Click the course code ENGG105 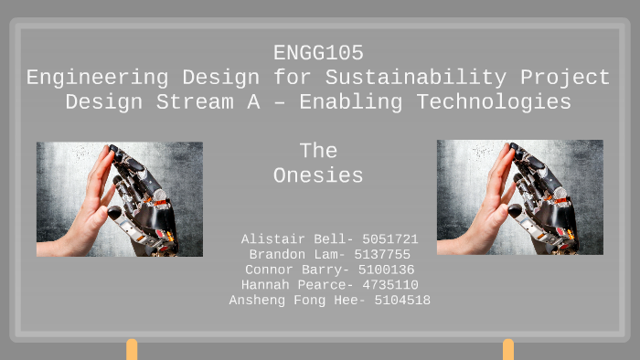pyautogui.click(x=318, y=54)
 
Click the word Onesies pyautogui.click(x=318, y=175)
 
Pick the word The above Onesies pyautogui.click(x=318, y=152)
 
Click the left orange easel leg pyautogui.click(x=132, y=350)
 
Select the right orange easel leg pyautogui.click(x=508, y=350)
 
